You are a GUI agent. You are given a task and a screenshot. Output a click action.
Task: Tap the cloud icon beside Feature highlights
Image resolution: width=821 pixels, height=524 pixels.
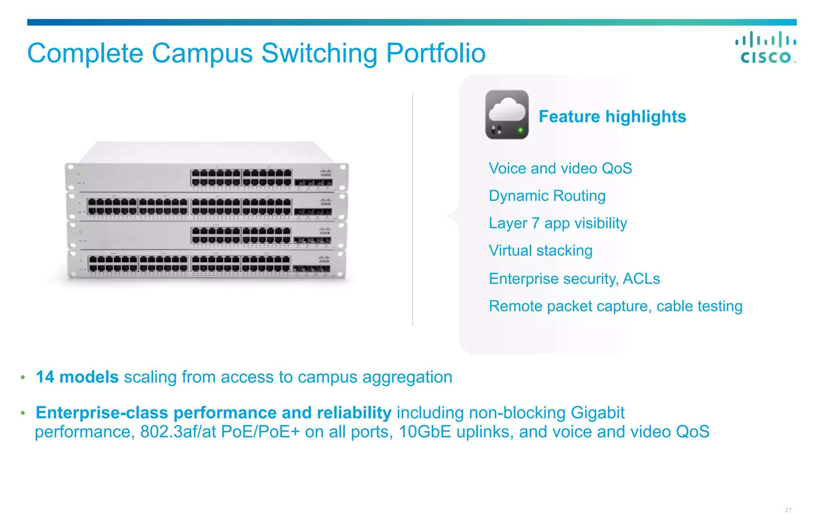[x=507, y=115]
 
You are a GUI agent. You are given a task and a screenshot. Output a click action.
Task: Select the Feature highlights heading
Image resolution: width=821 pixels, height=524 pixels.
[x=612, y=117]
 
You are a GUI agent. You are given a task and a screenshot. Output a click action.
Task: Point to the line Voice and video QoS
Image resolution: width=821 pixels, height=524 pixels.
[x=560, y=168]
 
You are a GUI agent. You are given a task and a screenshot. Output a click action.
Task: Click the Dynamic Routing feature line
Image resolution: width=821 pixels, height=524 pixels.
[x=547, y=196]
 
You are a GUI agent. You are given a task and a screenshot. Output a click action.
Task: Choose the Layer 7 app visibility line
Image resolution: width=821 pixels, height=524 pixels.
[x=558, y=223]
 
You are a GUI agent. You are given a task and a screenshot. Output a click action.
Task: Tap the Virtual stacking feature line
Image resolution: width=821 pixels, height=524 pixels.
[x=540, y=251]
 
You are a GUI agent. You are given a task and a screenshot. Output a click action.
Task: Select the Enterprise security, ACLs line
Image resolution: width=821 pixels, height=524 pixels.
[x=574, y=279]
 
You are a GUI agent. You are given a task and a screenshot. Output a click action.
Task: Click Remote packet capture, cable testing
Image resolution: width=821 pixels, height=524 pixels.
[x=615, y=306]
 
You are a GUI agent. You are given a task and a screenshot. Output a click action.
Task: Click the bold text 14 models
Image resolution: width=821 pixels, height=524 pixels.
[x=77, y=377]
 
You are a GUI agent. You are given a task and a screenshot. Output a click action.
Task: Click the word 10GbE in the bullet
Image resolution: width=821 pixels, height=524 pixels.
[x=425, y=432]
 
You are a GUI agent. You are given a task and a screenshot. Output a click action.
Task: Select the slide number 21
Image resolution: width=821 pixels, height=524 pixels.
[x=788, y=510]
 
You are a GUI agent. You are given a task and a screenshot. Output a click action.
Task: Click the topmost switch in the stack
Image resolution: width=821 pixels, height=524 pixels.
[x=206, y=176]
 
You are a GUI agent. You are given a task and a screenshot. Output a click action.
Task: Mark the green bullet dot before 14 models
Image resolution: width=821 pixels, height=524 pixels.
[x=23, y=377]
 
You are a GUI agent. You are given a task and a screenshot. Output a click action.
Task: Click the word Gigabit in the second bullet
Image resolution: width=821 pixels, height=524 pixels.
[x=597, y=413]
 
